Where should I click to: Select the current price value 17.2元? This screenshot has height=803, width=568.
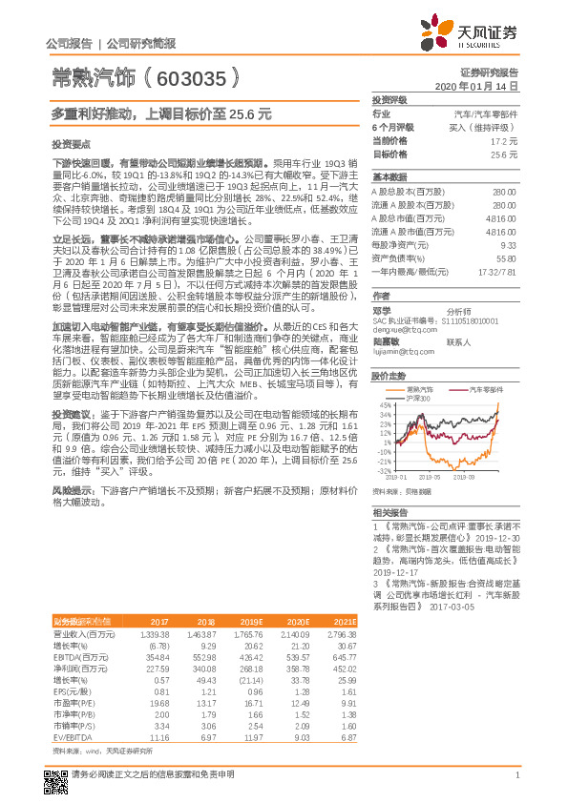coord(504,140)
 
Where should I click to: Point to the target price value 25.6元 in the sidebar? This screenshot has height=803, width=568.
coord(504,154)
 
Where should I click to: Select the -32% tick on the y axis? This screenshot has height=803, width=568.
coord(382,470)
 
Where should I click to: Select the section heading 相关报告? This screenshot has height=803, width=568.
coord(389,513)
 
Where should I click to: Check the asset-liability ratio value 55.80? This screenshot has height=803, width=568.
coord(503,257)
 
